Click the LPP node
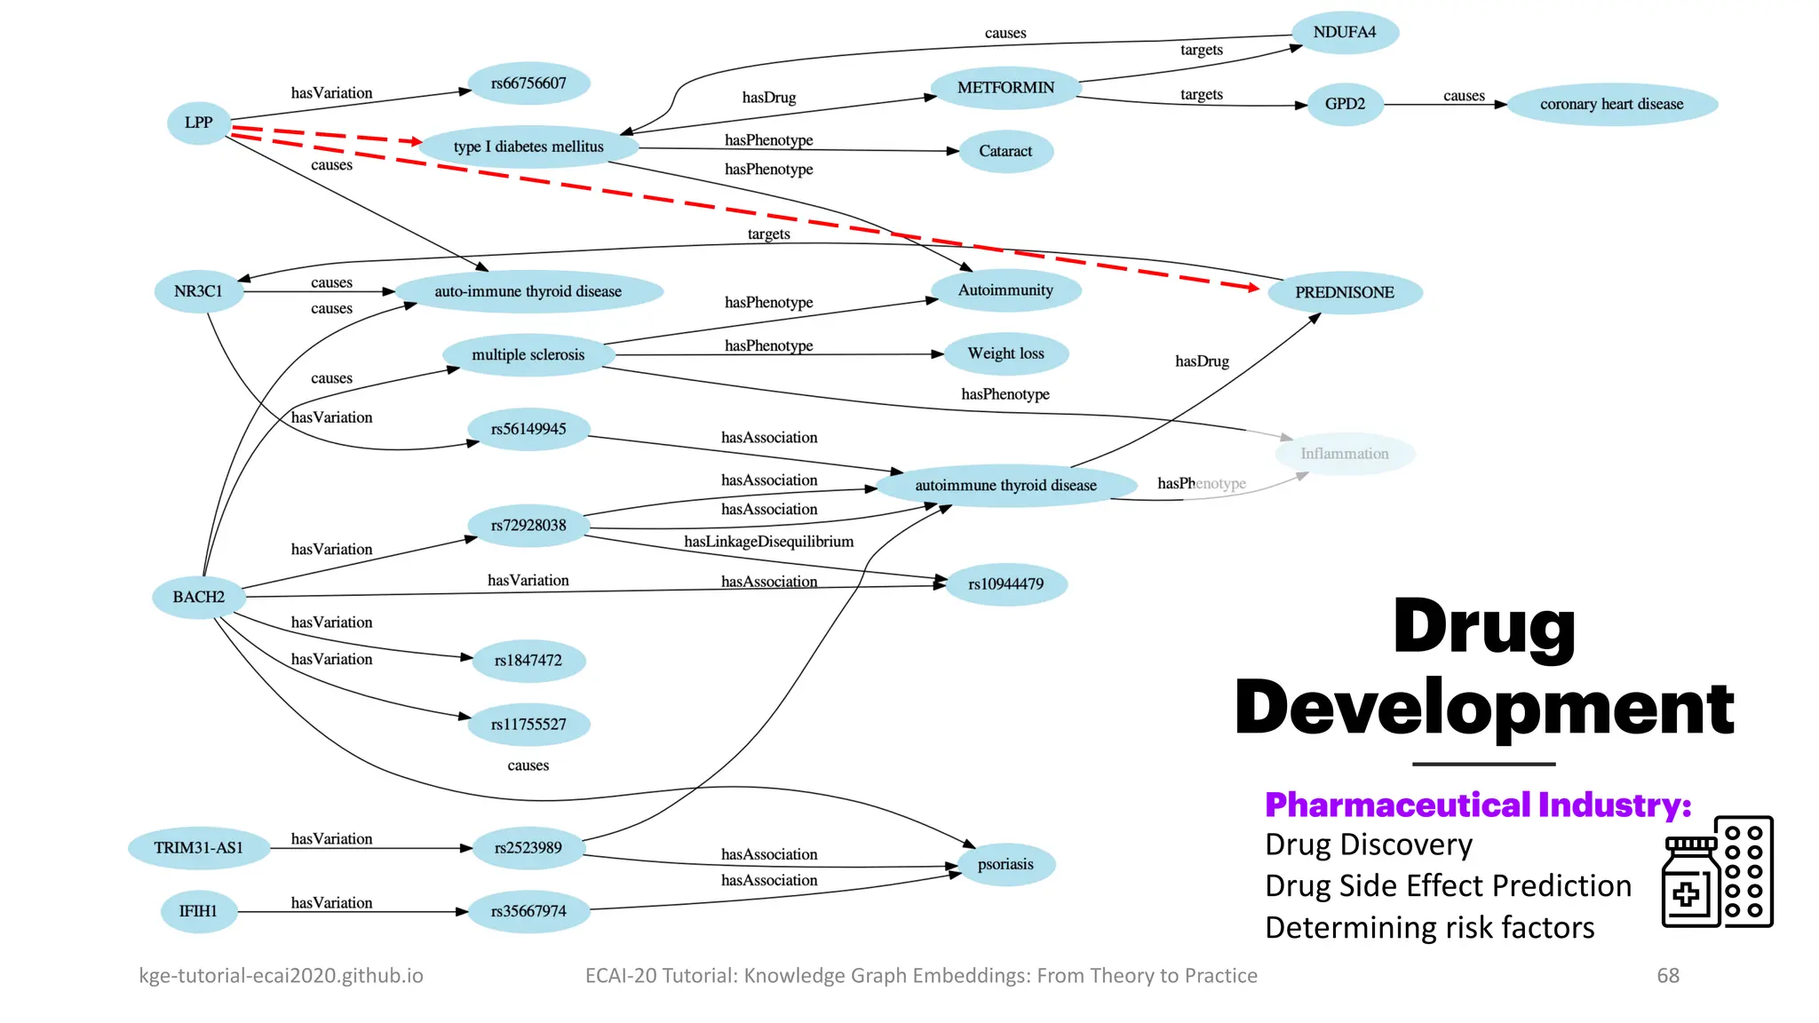[198, 123]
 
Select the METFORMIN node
[1005, 88]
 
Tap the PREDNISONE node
[1344, 293]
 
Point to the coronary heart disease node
[1611, 105]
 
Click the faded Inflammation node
[1344, 454]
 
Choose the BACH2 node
[198, 597]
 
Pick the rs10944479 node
[1005, 584]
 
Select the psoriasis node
[1005, 864]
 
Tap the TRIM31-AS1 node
[198, 848]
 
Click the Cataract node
[1005, 151]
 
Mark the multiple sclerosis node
[528, 355]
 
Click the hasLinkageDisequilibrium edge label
[768, 542]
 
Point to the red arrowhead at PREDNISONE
[1252, 287]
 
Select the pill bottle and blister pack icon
[1717, 872]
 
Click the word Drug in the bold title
[1483, 627]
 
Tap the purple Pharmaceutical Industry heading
[1477, 805]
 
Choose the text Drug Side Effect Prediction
[1448, 886]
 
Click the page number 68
[1667, 976]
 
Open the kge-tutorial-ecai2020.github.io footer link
[281, 976]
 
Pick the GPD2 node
[1345, 105]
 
